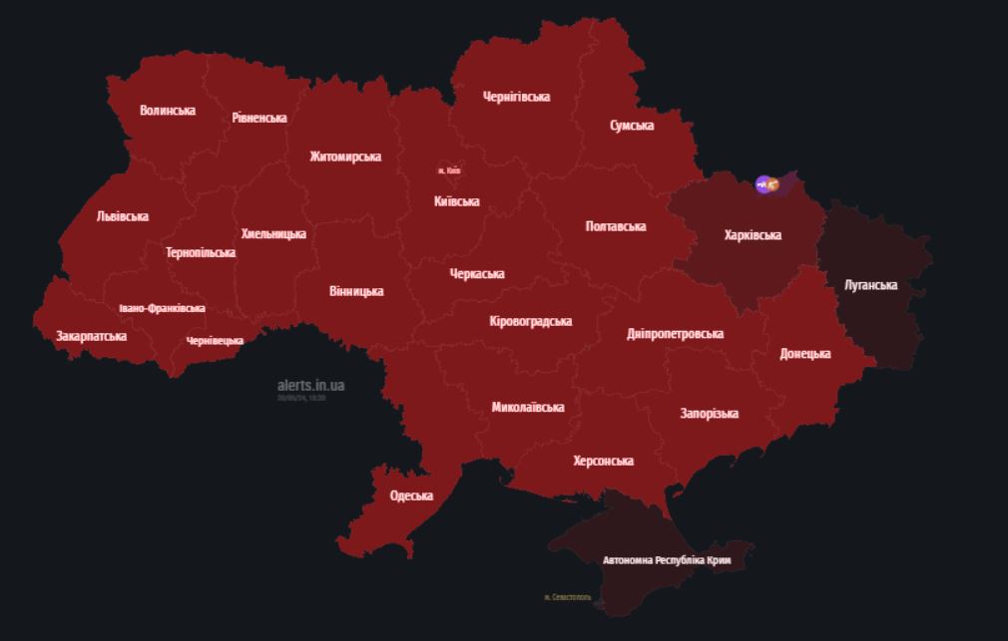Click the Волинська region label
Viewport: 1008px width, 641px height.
point(168,111)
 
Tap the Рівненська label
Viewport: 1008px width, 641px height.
point(259,118)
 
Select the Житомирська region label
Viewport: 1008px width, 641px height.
point(345,158)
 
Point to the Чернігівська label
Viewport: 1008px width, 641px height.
point(516,97)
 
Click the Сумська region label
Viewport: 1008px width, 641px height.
point(632,126)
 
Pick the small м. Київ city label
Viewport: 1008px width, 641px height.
point(449,171)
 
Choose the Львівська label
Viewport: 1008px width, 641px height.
point(123,216)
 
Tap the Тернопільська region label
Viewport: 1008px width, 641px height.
point(201,252)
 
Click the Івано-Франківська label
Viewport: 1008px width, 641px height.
point(162,308)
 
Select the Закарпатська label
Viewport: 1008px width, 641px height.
point(91,336)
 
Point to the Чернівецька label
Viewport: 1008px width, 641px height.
point(215,341)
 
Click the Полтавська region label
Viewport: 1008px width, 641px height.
point(615,226)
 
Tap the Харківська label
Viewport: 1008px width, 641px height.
point(753,235)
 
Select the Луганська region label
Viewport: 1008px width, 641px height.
point(870,285)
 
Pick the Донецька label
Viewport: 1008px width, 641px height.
point(805,354)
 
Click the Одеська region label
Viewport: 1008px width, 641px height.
point(411,495)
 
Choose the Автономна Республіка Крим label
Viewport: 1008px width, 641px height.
point(667,560)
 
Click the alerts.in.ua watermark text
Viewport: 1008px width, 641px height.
point(311,385)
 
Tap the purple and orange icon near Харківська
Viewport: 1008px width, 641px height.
point(767,183)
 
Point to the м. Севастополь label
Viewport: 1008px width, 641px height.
point(568,598)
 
